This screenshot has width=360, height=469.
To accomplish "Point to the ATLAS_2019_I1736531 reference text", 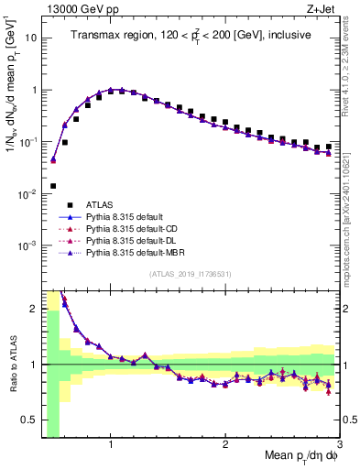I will [x=191, y=274].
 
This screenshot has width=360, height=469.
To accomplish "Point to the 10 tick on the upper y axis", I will [x=32, y=38].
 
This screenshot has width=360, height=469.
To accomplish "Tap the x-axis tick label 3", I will [x=339, y=444].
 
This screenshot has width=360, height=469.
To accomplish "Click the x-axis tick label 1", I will [x=111, y=444].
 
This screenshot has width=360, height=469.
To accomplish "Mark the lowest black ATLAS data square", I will [x=53, y=186].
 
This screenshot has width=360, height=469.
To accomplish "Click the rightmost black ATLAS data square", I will [x=328, y=145].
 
